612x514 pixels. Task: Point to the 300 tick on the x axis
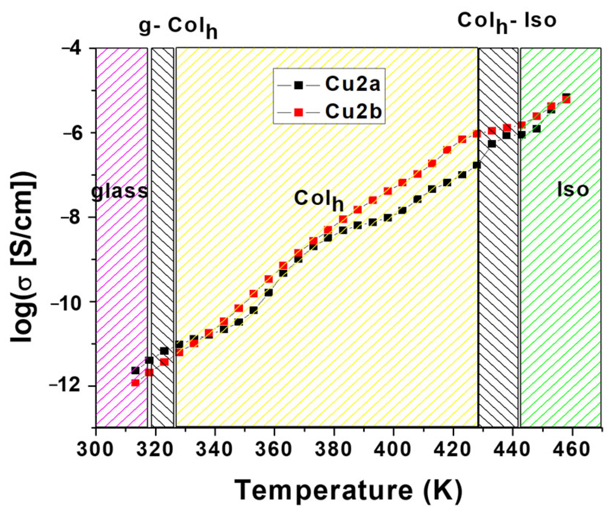point(96,449)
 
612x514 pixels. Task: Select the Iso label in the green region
point(573,189)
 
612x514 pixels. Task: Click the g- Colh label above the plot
point(178,27)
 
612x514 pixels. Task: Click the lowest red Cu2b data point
point(135,383)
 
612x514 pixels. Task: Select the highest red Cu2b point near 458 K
point(566,99)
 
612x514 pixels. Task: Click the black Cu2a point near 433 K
point(492,143)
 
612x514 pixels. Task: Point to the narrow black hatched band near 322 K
point(163,238)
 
